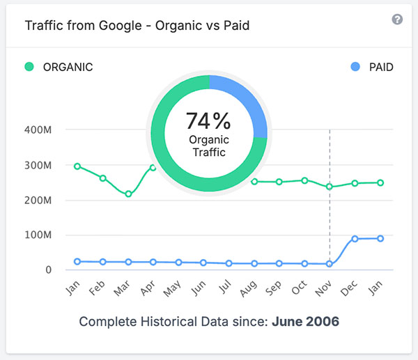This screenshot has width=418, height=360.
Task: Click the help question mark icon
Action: point(397,19)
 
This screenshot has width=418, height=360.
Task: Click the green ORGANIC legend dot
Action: point(29,67)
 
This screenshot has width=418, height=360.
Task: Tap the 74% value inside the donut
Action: point(208,121)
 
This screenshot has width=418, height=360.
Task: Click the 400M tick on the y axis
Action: point(39,130)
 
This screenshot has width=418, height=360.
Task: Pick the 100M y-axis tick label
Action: point(39,235)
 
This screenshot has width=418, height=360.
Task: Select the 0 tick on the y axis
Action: point(48,270)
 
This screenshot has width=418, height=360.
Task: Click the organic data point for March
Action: point(128,194)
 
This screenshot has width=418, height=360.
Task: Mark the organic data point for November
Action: point(330,187)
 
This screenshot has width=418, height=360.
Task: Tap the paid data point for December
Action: point(355,239)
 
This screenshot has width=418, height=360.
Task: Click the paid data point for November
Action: point(330,264)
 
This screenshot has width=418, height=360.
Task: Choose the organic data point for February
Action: point(103,178)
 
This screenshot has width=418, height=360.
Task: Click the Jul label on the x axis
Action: point(226,290)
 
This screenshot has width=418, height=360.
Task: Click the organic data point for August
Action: point(254,182)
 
